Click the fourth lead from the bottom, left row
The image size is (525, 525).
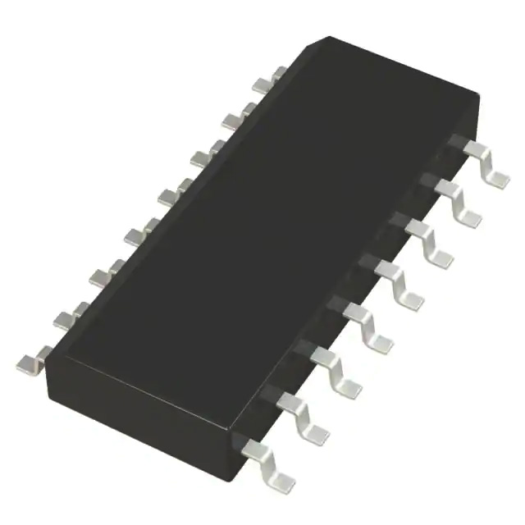tap(136, 236)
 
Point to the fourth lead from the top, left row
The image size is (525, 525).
tap(170, 195)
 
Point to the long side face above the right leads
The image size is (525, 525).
tap(353, 271)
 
